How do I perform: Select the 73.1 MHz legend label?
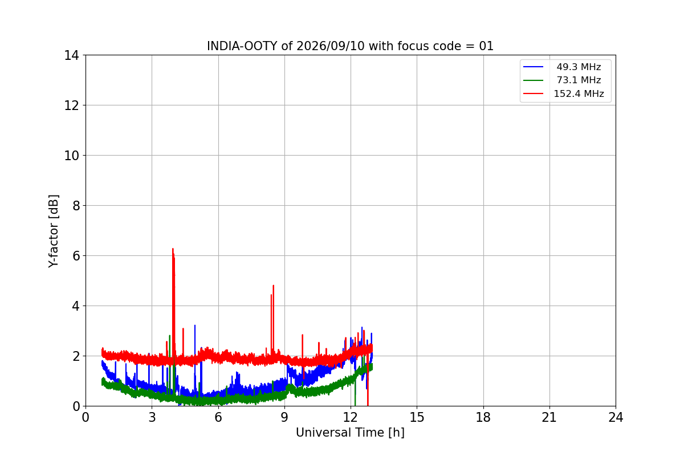579,80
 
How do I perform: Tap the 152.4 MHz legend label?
579,93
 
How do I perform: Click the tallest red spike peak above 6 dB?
173,249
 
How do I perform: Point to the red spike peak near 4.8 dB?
273,286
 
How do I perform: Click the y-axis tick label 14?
71,56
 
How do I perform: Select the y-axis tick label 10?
71,156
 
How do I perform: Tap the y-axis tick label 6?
76,256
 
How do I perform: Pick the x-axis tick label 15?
417,417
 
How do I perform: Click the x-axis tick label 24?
616,417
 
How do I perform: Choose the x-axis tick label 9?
284,417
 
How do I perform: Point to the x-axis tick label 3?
152,417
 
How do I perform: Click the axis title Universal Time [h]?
350,433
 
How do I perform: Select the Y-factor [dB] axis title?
53,231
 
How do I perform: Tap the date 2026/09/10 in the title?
331,46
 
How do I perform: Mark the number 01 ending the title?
486,46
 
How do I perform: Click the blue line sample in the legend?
533,67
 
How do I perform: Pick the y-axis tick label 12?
71,105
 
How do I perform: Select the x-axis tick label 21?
549,417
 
